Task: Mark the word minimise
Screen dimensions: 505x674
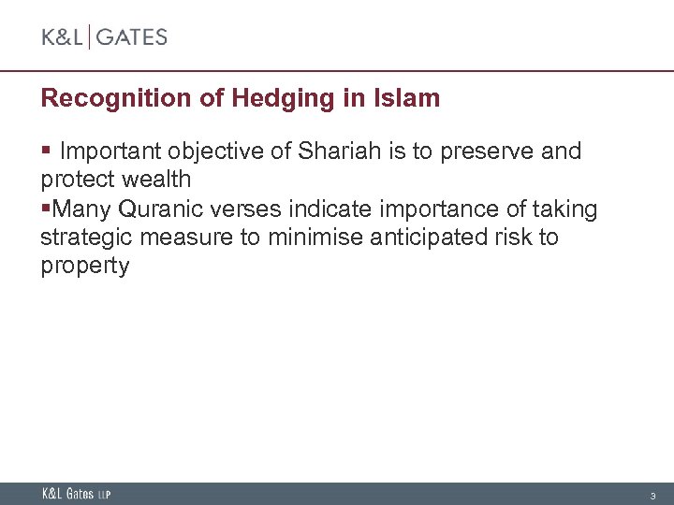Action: [x=316, y=238]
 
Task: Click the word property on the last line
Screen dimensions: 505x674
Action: [x=85, y=267]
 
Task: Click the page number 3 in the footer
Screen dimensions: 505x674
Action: [x=653, y=495]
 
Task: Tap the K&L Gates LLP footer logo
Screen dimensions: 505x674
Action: [x=76, y=494]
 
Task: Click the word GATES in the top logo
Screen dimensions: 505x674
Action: [x=132, y=37]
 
